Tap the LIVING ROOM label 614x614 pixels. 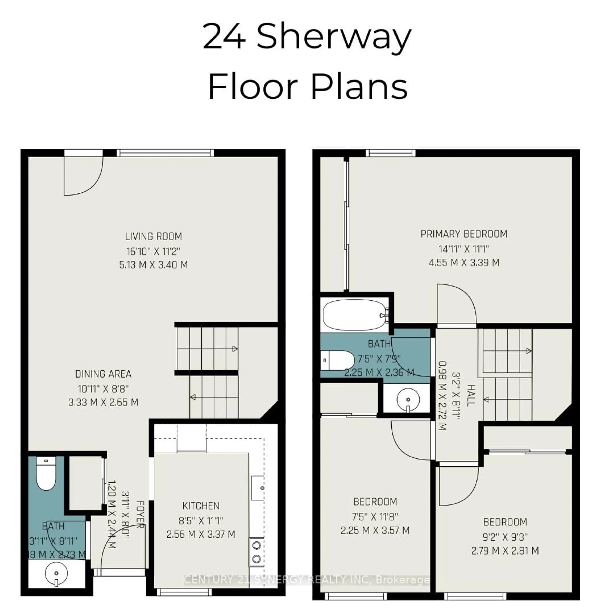153,236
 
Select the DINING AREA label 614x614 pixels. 103,374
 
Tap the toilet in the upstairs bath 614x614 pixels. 337,360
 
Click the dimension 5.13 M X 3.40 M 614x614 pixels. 153,265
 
